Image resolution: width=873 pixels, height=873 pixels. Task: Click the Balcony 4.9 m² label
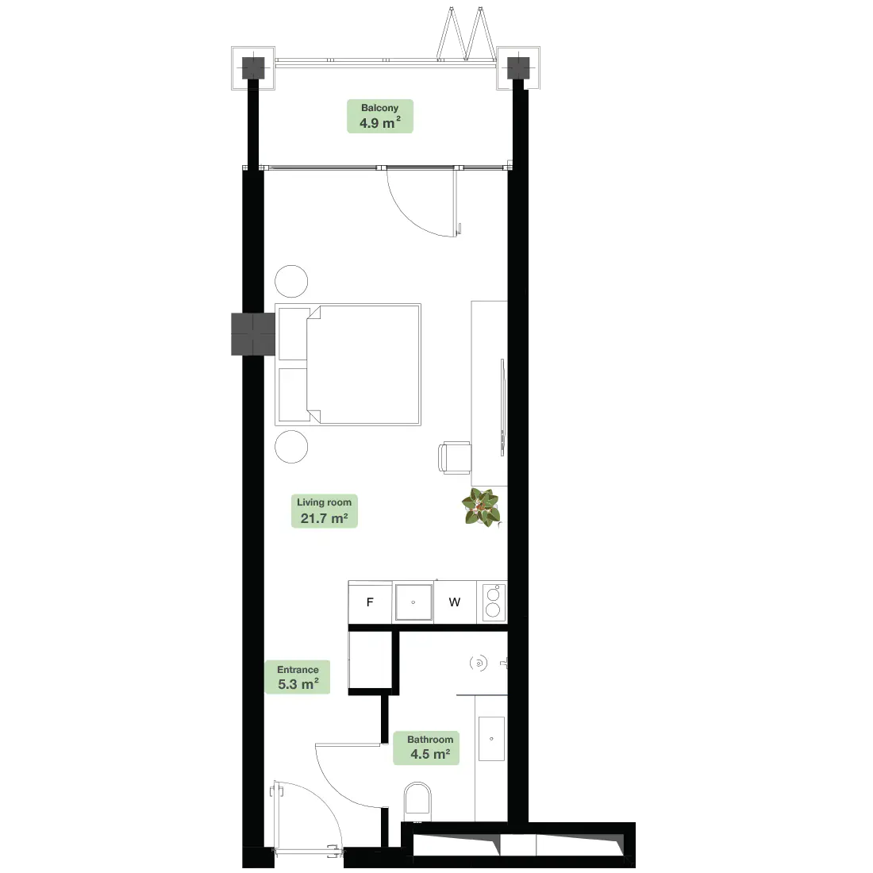pos(379,116)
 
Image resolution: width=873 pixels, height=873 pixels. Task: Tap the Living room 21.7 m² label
pos(324,511)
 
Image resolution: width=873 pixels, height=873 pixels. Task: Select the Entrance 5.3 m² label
pos(298,677)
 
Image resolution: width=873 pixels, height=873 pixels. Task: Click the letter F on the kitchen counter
pos(370,602)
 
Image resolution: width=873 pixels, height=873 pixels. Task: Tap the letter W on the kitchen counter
pos(454,602)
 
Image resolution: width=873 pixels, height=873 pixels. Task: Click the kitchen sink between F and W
pos(413,602)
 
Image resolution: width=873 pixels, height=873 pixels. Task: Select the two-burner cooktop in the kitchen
pos(494,602)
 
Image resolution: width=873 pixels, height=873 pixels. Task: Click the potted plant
pos(482,507)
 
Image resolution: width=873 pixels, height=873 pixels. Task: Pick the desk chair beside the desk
pos(455,458)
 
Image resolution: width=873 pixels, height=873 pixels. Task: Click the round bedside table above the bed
pos(291,281)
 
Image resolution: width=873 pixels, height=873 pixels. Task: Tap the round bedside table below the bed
pos(291,447)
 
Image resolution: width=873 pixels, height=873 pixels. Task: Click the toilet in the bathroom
pos(417,799)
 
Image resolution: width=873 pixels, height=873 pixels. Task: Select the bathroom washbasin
pos(491,739)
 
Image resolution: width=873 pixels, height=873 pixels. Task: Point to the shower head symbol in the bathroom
pos(479,663)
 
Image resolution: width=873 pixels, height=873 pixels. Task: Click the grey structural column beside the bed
pos(253,334)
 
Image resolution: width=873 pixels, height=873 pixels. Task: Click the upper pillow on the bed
pos(294,334)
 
